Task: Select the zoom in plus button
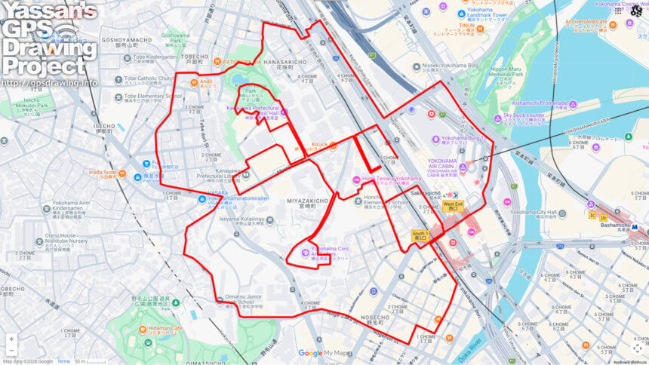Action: point(11,339)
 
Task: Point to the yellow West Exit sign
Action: point(453,204)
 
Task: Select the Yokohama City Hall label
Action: point(538,213)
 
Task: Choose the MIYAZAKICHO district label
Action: point(308,201)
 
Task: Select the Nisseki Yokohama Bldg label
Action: point(451,66)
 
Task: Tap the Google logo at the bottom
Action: point(309,353)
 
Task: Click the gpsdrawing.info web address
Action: point(49,81)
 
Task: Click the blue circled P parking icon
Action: point(411,109)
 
